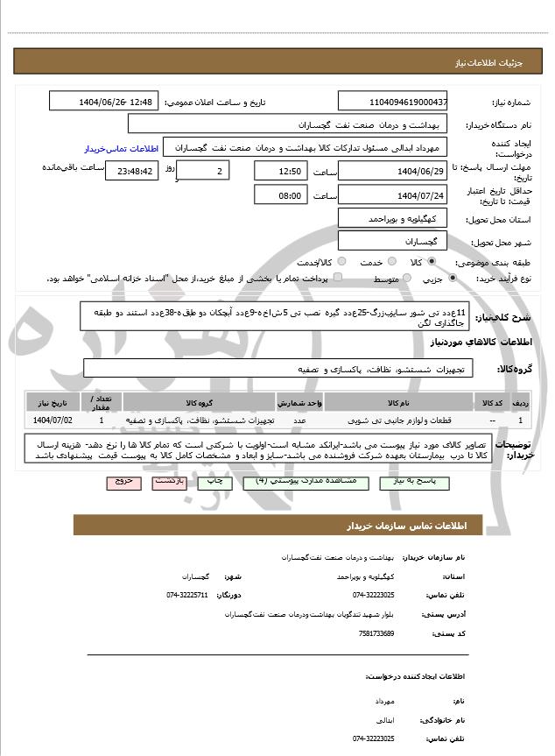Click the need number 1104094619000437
pyautogui.click(x=392, y=102)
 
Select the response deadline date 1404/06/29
pyautogui.click(x=392, y=171)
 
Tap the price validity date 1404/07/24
pyautogui.click(x=392, y=195)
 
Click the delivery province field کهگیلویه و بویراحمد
pyautogui.click(x=392, y=217)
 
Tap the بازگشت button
pyautogui.click(x=169, y=482)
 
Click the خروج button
pyautogui.click(x=123, y=482)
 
